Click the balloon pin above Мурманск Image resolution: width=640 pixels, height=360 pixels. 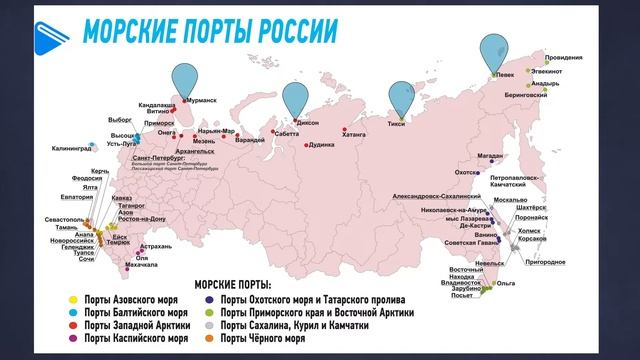tap(185, 78)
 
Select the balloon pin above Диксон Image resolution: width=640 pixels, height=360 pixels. tap(295, 98)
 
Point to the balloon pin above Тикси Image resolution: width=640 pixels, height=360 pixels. tap(401, 98)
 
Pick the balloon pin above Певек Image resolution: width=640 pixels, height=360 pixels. tap(493, 51)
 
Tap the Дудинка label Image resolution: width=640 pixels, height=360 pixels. tap(321, 145)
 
